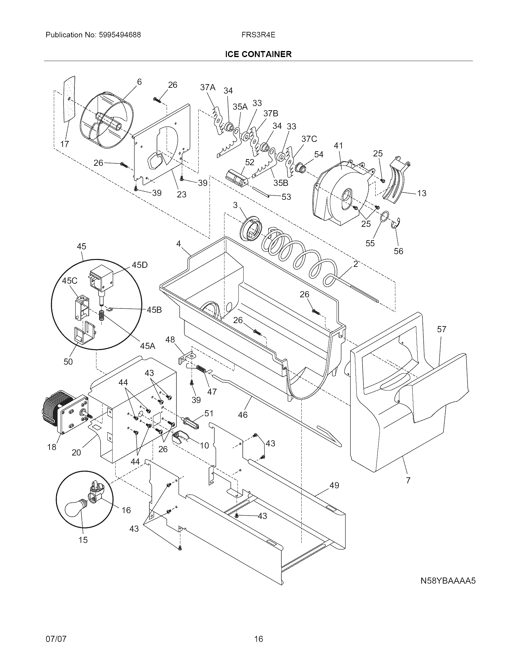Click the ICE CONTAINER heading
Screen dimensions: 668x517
(x=258, y=54)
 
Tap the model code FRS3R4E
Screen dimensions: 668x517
(x=258, y=35)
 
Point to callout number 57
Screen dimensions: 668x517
(x=441, y=329)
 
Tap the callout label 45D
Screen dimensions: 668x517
(x=139, y=265)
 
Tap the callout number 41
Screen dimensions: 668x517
(x=338, y=145)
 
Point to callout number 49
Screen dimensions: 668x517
(x=334, y=486)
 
